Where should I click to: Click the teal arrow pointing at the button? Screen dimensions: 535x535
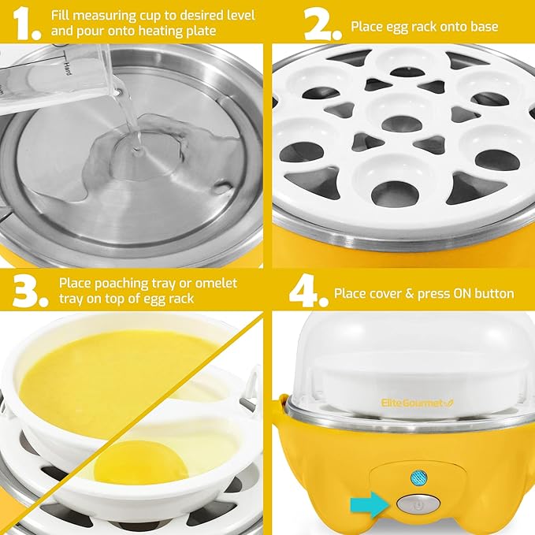(369, 502)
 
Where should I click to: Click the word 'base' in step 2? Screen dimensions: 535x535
(482, 27)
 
